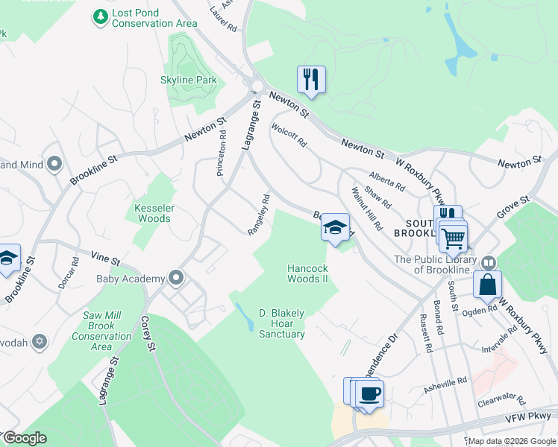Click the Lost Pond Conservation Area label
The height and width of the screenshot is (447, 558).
[x=154, y=19]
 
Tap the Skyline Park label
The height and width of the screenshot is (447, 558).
[x=188, y=80]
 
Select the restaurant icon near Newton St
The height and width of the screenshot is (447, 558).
[x=310, y=78]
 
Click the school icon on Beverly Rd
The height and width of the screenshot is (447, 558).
[x=336, y=227]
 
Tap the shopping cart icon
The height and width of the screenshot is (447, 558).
[x=453, y=238]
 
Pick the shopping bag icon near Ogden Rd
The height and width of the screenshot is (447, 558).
[x=487, y=285]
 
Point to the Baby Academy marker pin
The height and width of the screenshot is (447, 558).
[x=177, y=279]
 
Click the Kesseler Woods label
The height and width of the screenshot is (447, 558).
[x=152, y=213]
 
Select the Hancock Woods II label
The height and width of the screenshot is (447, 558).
[x=308, y=273]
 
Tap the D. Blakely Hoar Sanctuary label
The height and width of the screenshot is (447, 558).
[x=281, y=323]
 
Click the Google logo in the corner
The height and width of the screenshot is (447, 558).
[x=24, y=438]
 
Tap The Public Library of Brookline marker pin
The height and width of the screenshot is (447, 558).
[x=488, y=262]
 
